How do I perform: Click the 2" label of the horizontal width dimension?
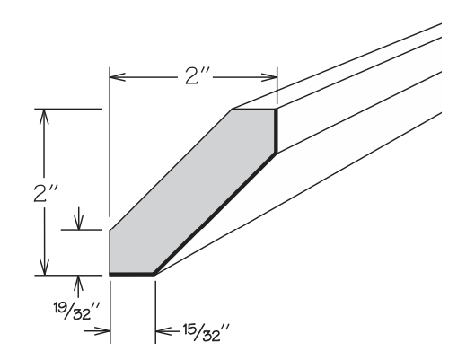(192, 76)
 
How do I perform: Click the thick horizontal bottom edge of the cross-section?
(131, 273)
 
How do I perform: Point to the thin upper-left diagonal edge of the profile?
(171, 170)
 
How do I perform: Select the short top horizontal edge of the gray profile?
(253, 110)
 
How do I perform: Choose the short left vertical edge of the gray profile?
(110, 251)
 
